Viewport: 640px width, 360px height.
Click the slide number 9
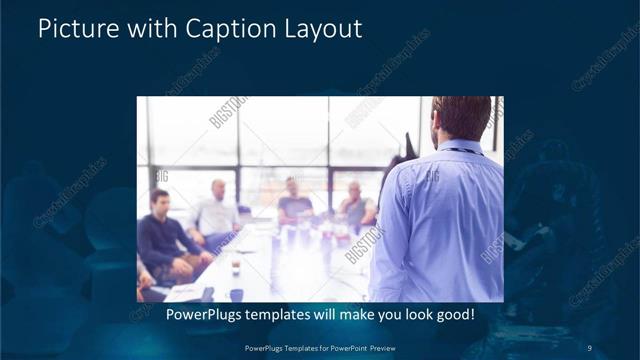589,347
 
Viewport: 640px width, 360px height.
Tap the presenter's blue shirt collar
461,149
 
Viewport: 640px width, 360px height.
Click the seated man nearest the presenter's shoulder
355,204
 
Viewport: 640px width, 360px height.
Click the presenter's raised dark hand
407,145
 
